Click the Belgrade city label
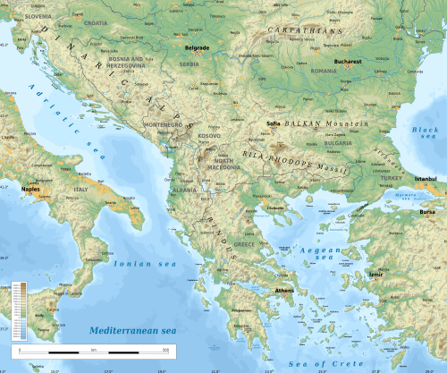pyautogui.click(x=197, y=47)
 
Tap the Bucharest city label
pyautogui.click(x=347, y=62)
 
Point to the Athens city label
pyautogui.click(x=285, y=290)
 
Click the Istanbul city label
pyautogui.click(x=425, y=179)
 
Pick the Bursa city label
pyautogui.click(x=427, y=213)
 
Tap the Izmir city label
pyautogui.click(x=376, y=275)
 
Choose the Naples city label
pyautogui.click(x=32, y=191)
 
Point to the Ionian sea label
pyautogui.click(x=138, y=264)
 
